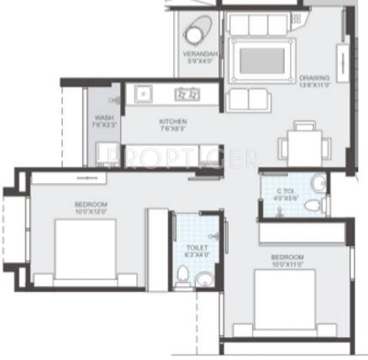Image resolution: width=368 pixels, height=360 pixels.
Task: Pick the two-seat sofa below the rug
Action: [x=250, y=98]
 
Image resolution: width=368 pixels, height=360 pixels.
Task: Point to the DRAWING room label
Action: [x=313, y=78]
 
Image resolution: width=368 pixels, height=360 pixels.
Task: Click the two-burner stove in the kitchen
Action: [x=186, y=93]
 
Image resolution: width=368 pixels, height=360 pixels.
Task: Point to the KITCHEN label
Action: [x=172, y=122]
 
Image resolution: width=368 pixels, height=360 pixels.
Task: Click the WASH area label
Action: [x=104, y=118]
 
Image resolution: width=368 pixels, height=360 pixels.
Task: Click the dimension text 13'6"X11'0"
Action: [x=314, y=86]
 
